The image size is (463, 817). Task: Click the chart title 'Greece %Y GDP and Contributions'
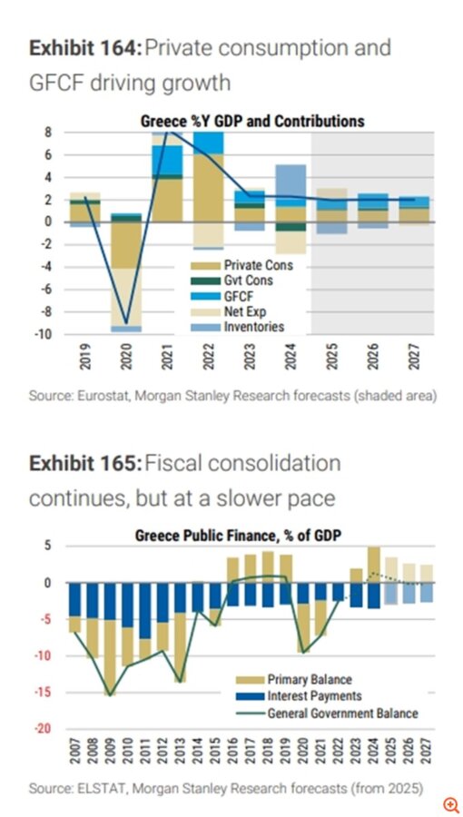(x=251, y=120)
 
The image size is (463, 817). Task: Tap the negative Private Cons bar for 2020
(x=126, y=243)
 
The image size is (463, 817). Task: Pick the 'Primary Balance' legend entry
(x=309, y=680)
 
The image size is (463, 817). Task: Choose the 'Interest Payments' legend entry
(x=313, y=696)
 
